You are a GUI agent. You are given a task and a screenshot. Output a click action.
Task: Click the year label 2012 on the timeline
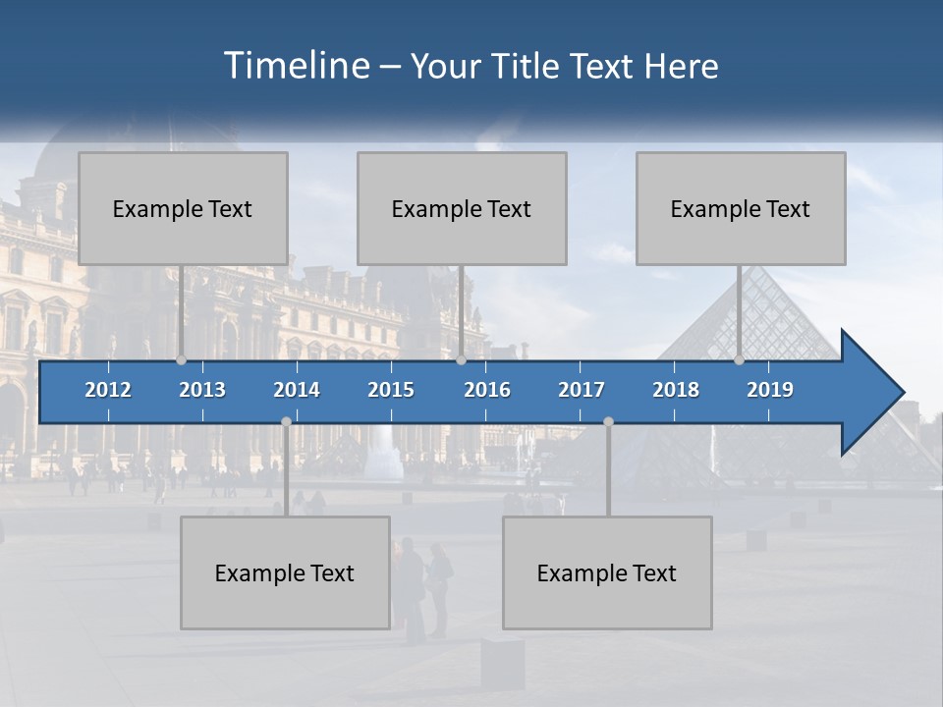(108, 390)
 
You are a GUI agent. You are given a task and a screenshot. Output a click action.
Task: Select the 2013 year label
(202, 390)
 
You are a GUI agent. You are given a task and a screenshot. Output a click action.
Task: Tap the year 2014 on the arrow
(297, 390)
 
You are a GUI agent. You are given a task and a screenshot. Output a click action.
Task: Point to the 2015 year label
(391, 390)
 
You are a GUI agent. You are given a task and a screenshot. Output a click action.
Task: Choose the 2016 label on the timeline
(487, 390)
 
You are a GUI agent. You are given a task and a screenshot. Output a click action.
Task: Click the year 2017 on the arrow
(582, 390)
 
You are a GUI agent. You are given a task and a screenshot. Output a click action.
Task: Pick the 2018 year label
(676, 390)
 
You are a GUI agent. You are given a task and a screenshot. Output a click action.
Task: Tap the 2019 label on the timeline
(770, 390)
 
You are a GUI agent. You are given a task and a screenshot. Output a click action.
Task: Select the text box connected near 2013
(183, 208)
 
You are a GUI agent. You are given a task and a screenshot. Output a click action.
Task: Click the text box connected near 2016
(462, 208)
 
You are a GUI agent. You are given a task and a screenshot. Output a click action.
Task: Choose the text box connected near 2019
(741, 208)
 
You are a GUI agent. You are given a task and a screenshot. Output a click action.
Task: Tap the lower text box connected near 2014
(285, 572)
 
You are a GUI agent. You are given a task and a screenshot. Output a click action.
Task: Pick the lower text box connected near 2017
(607, 572)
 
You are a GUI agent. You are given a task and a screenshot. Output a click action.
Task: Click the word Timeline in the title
(295, 66)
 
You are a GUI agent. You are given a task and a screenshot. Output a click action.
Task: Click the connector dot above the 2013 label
(181, 360)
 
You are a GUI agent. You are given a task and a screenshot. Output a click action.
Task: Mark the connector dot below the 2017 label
(608, 421)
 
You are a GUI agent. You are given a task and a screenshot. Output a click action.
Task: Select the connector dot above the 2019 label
(739, 360)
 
